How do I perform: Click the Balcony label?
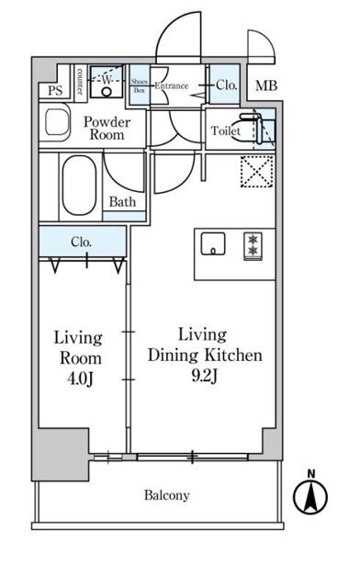(167, 495)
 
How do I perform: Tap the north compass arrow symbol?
(310, 497)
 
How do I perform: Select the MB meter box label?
(266, 85)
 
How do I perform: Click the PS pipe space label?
(55, 90)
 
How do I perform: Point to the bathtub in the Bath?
(79, 186)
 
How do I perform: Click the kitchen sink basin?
(213, 243)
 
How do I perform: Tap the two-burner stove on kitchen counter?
(253, 245)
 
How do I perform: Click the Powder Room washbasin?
(57, 122)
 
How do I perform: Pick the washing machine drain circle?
(107, 92)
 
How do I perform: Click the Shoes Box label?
(139, 85)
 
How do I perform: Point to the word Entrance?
(172, 85)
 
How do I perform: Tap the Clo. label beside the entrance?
(226, 85)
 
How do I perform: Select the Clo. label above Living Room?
(81, 242)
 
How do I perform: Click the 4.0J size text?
(80, 379)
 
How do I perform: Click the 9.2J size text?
(205, 376)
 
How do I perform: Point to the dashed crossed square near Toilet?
(256, 171)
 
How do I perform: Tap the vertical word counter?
(80, 81)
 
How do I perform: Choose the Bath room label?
(122, 202)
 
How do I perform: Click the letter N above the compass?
(311, 474)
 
